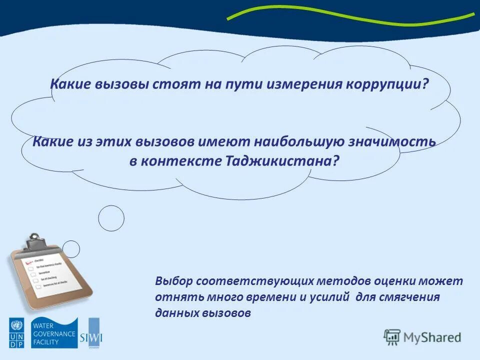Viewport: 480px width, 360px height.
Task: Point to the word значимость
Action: [x=397, y=141]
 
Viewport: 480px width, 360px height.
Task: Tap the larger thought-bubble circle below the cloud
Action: [x=111, y=218]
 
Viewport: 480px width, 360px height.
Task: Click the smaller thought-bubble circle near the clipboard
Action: [x=71, y=248]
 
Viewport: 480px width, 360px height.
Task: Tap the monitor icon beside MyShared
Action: [x=392, y=337]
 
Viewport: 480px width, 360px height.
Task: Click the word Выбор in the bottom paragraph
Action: [x=173, y=281]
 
